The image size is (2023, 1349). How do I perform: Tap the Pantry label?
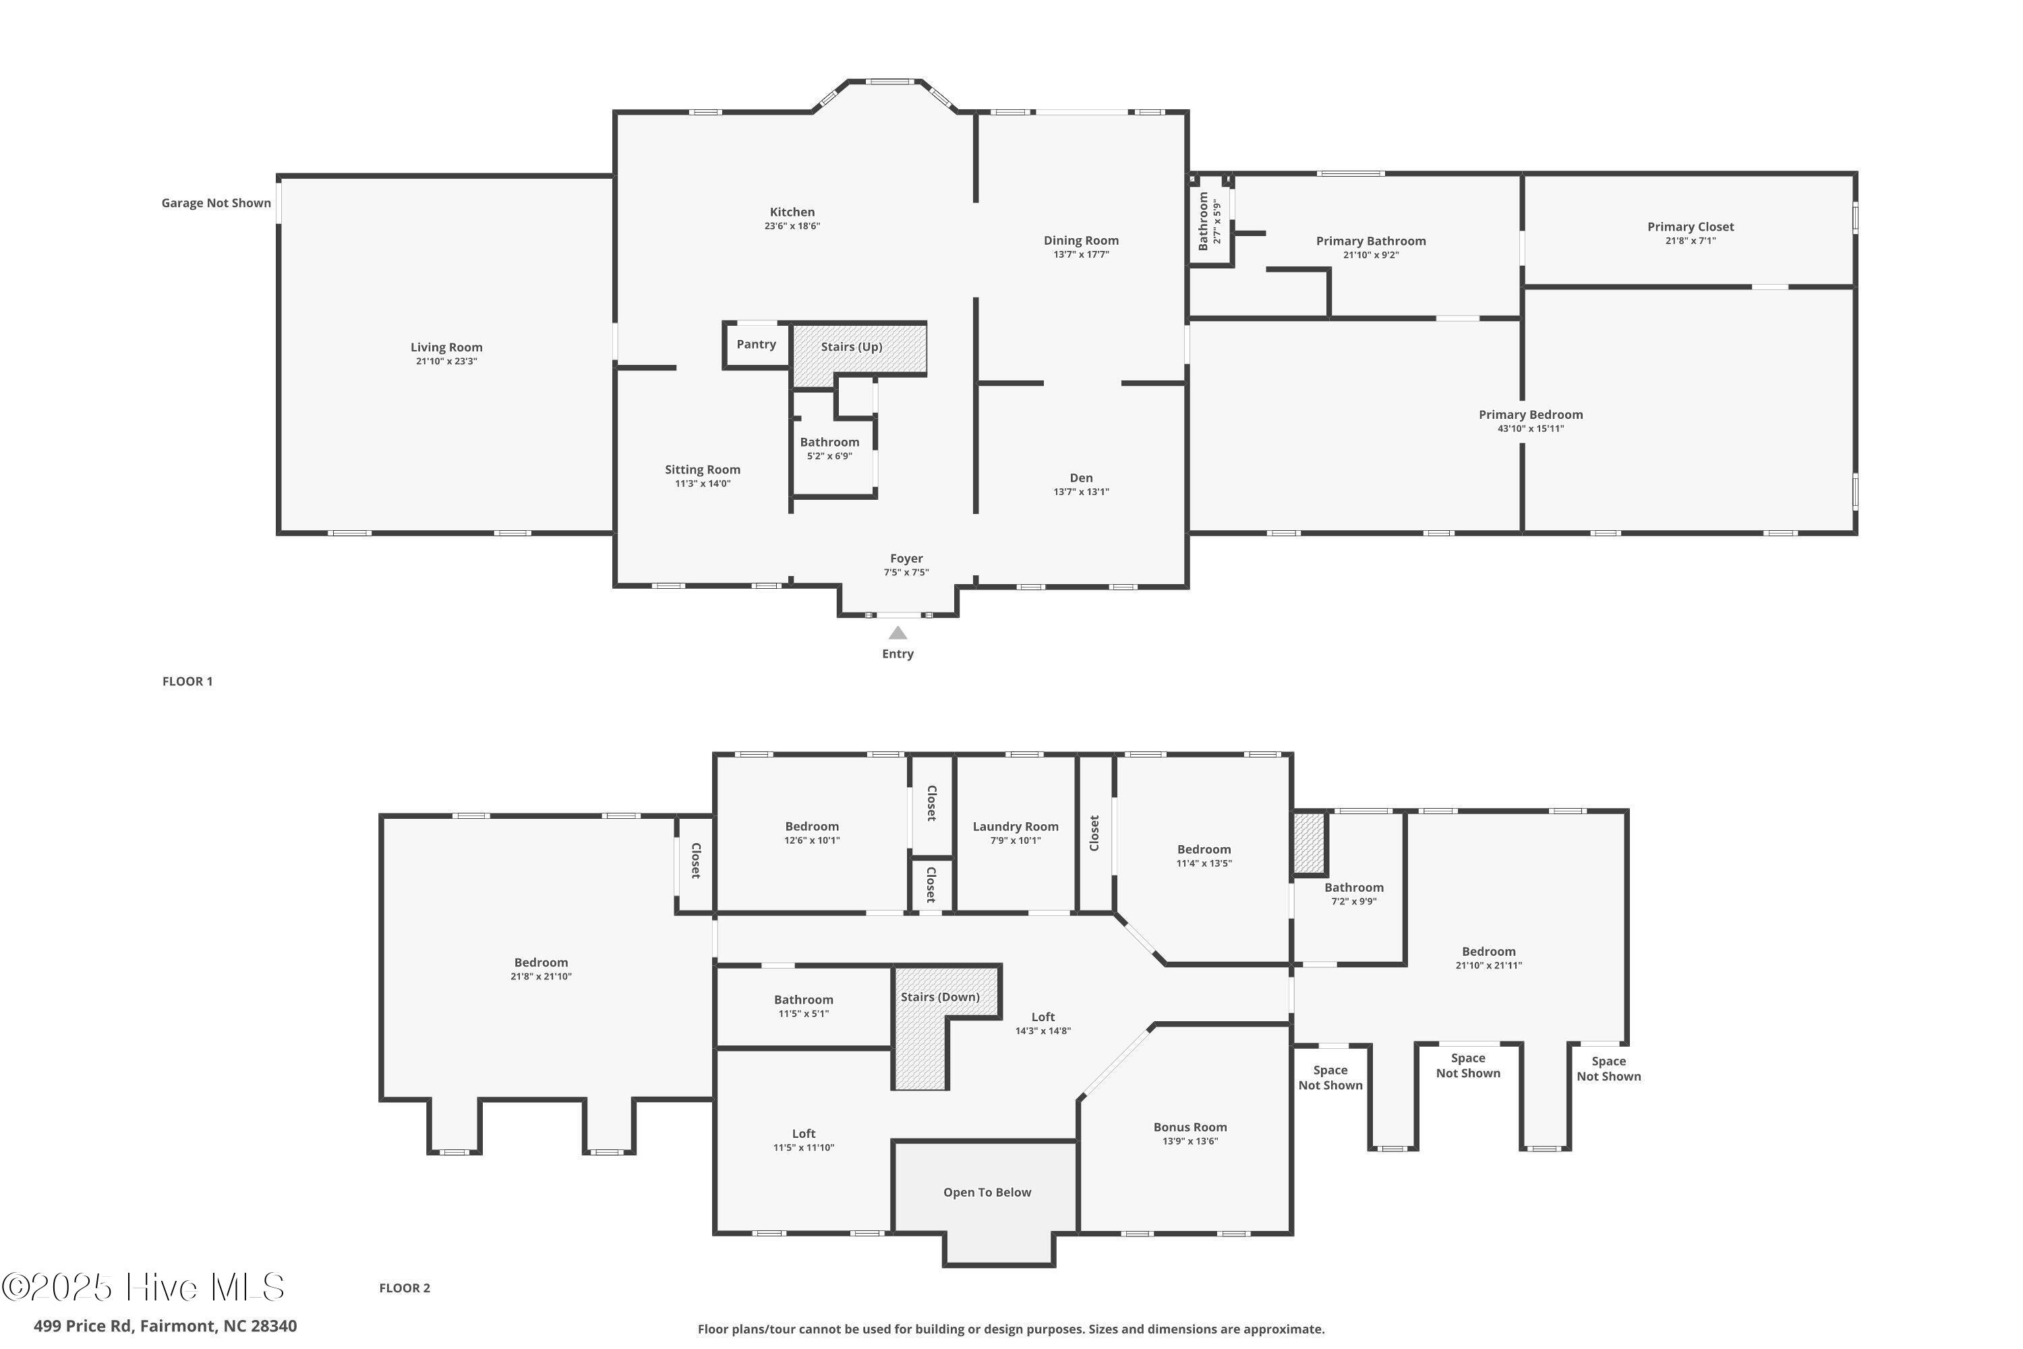756,344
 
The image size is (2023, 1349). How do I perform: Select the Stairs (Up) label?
852,347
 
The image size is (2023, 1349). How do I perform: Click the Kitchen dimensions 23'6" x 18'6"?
792,226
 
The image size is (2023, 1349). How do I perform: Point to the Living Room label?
446,347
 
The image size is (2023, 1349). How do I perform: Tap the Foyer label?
906,558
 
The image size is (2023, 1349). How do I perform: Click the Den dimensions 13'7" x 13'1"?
1081,492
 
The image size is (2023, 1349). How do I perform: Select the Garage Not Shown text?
216,203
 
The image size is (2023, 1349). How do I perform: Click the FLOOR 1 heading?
187,681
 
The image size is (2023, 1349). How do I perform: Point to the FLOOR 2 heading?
404,1288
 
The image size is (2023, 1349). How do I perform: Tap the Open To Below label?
987,1193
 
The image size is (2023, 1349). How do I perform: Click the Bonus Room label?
1190,1127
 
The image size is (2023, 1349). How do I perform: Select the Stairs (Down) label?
940,997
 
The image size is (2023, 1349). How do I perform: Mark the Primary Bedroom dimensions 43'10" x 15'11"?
1530,428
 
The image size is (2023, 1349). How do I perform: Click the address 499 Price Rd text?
84,1326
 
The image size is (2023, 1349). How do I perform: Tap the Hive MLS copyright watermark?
143,1288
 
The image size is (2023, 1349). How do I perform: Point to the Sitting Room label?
702,469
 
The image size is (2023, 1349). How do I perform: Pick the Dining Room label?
1081,241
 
